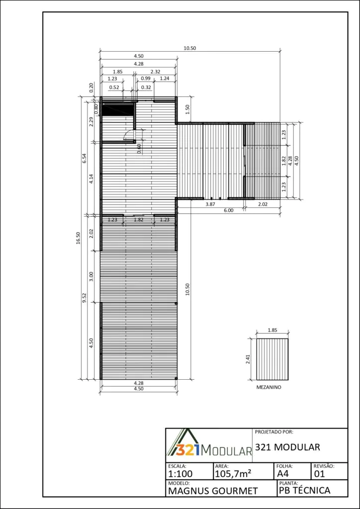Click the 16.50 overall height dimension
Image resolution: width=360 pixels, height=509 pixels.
pyautogui.click(x=78, y=238)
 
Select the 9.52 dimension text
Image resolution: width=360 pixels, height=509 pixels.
pyautogui.click(x=85, y=297)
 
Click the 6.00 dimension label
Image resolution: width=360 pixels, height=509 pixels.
pyautogui.click(x=229, y=210)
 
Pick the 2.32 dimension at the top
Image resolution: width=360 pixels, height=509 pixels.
pyautogui.click(x=155, y=72)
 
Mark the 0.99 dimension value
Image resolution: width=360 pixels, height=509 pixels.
pyautogui.click(x=145, y=78)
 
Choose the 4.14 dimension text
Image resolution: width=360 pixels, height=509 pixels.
pyautogui.click(x=91, y=179)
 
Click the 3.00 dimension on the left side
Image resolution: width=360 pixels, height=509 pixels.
pyautogui.click(x=91, y=276)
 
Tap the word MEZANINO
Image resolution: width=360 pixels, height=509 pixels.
pyautogui.click(x=269, y=387)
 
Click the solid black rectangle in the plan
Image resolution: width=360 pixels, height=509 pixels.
pyautogui.click(x=118, y=109)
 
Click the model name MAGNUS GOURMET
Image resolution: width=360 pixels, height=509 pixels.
pyautogui.click(x=213, y=491)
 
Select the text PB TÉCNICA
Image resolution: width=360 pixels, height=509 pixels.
pyautogui.click(x=304, y=490)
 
